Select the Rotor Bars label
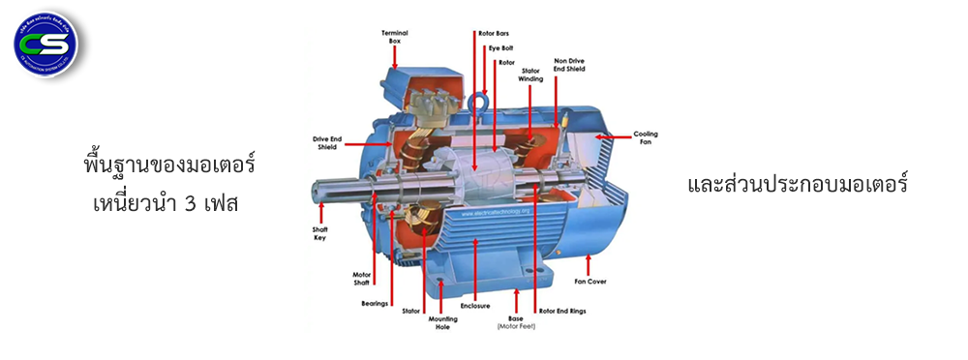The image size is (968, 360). [x=495, y=33]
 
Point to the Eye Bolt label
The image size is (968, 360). [x=500, y=47]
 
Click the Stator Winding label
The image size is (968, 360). [x=531, y=75]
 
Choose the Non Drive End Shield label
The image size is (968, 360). [x=568, y=65]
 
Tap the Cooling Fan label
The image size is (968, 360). [x=646, y=137]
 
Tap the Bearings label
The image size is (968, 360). [x=375, y=303]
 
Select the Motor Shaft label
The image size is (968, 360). [x=361, y=280]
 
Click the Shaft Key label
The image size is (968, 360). [x=319, y=233]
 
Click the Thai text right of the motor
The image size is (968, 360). [x=797, y=183]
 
